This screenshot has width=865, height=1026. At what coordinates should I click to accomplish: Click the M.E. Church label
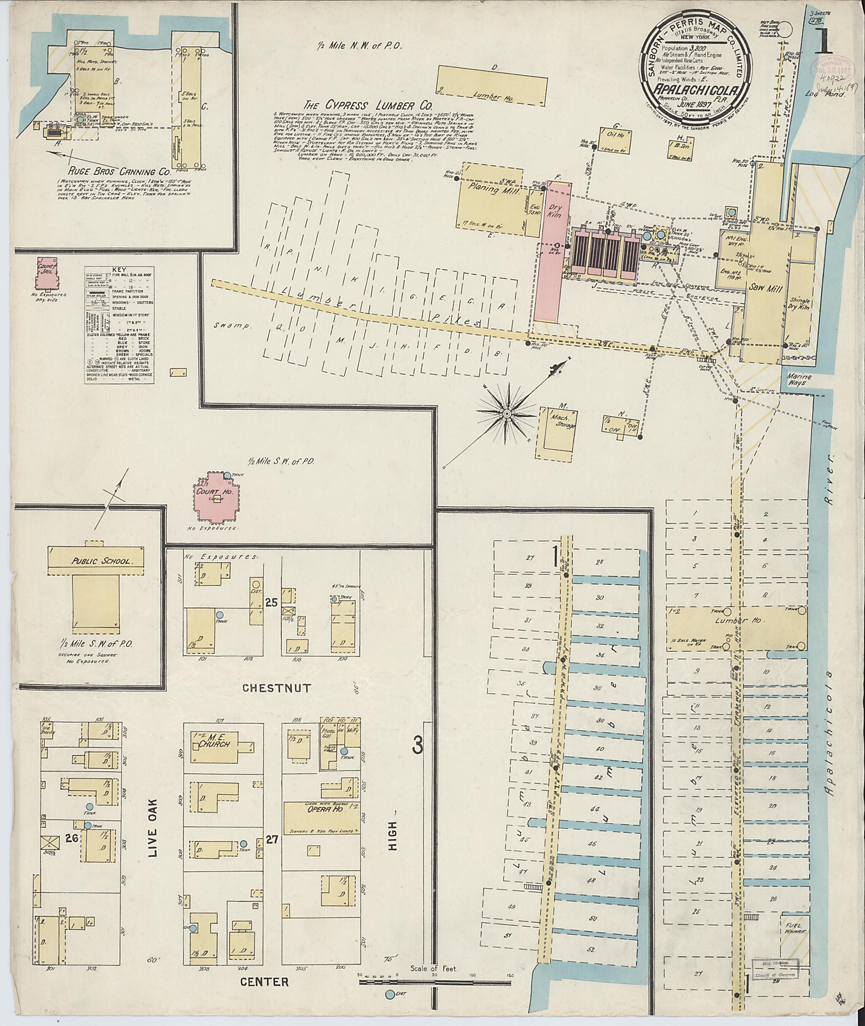[212, 755]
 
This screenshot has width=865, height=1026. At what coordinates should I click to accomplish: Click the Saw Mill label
[759, 289]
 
